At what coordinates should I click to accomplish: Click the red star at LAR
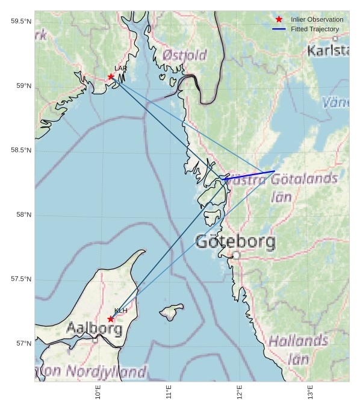pos(111,76)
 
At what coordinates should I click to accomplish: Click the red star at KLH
pos(111,319)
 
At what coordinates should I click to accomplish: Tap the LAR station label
pos(120,69)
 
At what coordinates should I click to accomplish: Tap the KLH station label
pos(120,311)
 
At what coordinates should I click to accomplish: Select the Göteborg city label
pos(235,242)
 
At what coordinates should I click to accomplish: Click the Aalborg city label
pos(94,329)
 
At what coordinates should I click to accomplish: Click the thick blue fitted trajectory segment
pos(250,175)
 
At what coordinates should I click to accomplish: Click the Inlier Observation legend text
pos(317,19)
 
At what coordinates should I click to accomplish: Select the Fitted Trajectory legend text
pos(314,29)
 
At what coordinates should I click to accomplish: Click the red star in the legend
pos(279,19)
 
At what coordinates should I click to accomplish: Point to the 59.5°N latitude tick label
pos(20,22)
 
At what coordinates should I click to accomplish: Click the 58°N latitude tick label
pos(23,215)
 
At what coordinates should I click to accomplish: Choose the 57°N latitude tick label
pos(23,344)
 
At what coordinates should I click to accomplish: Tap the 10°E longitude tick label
pos(98,392)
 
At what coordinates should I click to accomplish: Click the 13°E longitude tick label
pos(311,392)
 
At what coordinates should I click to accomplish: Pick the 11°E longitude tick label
pos(169,392)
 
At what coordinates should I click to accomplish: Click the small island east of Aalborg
pos(172,312)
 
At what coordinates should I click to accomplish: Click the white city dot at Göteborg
pos(236,255)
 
